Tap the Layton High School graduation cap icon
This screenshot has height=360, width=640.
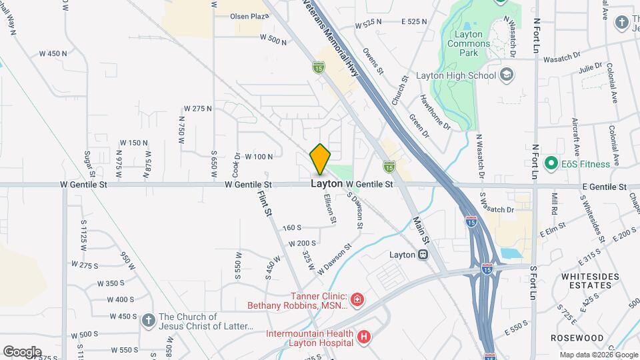507,75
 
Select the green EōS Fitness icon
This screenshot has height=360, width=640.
551,163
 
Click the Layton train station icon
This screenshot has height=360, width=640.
422,255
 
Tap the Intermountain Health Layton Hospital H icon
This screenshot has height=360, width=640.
363,337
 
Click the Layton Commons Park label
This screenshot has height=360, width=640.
477,43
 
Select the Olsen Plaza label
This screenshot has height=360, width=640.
249,15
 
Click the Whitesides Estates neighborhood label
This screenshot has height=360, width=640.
586,280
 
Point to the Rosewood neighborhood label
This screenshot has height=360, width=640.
577,338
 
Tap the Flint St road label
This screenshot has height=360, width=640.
265,203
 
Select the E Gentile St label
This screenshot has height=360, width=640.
604,187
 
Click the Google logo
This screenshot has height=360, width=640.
22,351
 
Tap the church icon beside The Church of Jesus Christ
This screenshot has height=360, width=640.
148,321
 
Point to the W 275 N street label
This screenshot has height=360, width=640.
198,108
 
